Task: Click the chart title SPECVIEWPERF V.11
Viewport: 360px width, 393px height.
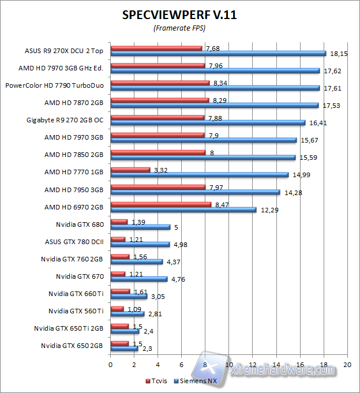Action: tap(179, 15)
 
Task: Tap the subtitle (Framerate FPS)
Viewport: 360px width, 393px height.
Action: tap(179, 28)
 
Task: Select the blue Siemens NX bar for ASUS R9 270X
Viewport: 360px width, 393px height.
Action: tap(218, 54)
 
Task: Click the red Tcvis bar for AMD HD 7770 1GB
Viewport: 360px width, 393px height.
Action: tap(130, 170)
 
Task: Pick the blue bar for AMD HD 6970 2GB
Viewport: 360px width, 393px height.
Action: tap(183, 209)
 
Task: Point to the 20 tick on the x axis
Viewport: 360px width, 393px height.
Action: tap(347, 365)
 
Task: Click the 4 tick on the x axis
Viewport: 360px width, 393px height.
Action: tap(157, 365)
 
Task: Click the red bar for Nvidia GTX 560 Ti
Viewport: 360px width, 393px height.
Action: tap(117, 309)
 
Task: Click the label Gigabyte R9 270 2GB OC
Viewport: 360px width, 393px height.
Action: tap(65, 120)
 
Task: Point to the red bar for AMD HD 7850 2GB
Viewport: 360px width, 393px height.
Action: tap(158, 152)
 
